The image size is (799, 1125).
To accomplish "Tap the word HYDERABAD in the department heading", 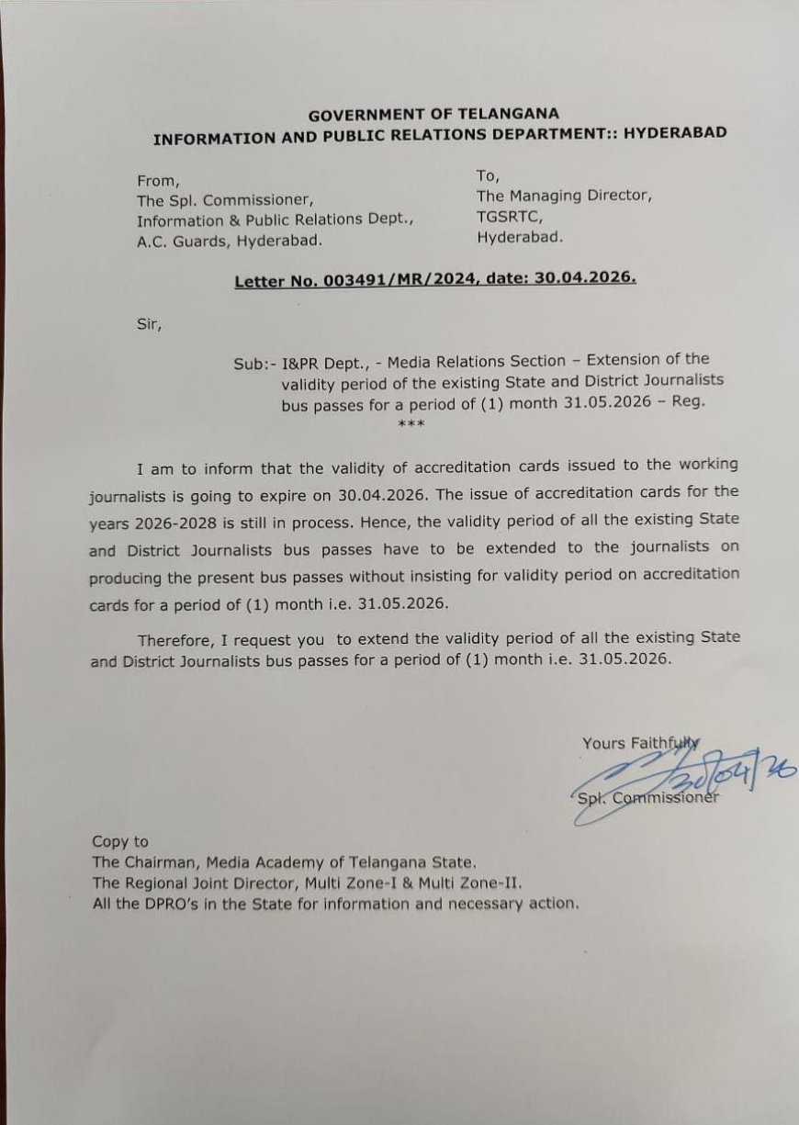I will [x=675, y=132].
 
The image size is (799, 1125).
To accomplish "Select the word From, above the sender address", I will [x=158, y=180].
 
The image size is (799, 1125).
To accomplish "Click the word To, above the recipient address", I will [x=488, y=175].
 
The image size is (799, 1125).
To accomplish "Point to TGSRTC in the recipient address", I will [x=504, y=216].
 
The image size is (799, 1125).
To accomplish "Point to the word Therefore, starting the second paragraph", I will [x=176, y=639].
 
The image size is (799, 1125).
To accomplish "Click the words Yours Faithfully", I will [x=640, y=743].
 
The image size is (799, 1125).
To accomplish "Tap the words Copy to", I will [x=119, y=841].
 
